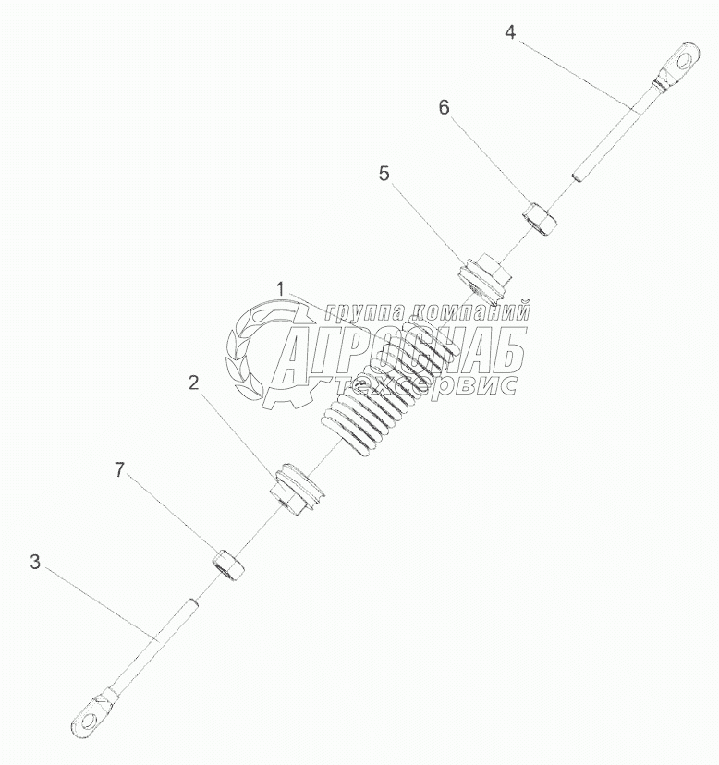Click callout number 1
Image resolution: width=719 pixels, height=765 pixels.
coord(280,290)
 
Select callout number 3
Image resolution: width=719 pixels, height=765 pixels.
coord(34,562)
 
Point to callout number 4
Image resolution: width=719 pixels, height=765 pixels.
coord(509,32)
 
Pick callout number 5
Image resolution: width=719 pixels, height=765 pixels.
coord(384,173)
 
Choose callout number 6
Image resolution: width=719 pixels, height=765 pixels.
coord(444,107)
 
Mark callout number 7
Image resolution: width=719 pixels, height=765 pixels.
coord(120,470)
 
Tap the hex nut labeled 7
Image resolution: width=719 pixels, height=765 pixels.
coord(228,565)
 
